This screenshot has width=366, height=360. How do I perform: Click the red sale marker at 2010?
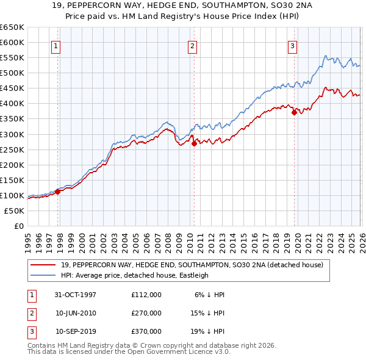coord(194,144)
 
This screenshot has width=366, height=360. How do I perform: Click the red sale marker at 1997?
coord(58,192)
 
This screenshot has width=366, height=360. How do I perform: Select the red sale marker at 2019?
coord(294,112)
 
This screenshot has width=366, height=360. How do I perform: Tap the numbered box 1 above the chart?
coord(56,45)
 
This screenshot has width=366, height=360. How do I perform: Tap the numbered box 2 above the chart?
coord(192,45)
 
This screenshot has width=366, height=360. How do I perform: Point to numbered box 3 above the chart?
coord(292,45)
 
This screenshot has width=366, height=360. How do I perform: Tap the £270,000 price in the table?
coord(146,313)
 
